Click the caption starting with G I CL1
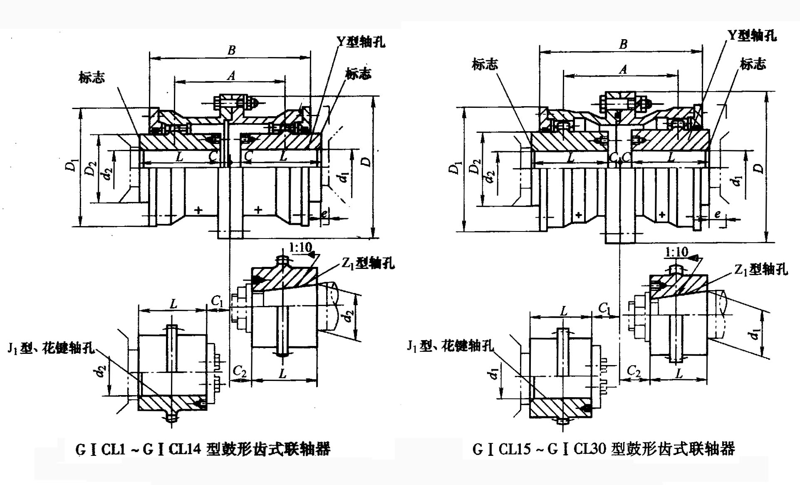[x=203, y=449]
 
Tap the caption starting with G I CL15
[x=604, y=449]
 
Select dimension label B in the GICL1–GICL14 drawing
[x=231, y=50]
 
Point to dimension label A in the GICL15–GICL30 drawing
[x=623, y=69]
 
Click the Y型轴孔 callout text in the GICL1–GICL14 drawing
[x=361, y=42]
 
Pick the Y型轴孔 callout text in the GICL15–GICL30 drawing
[x=752, y=35]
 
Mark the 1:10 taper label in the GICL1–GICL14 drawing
[x=300, y=247]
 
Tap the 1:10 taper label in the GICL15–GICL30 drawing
[x=676, y=252]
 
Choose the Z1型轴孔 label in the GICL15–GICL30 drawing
[x=761, y=270]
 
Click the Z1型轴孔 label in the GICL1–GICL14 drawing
[x=368, y=263]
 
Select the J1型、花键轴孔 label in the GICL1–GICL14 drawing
[x=51, y=348]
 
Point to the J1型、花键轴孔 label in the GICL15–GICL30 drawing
[x=450, y=345]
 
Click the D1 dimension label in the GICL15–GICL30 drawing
[x=455, y=167]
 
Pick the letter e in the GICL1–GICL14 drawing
[x=324, y=214]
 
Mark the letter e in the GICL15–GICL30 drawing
[x=717, y=214]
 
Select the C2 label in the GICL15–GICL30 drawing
[x=633, y=371]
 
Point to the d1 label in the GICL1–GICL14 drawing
[x=343, y=177]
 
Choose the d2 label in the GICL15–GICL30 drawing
[x=490, y=176]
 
